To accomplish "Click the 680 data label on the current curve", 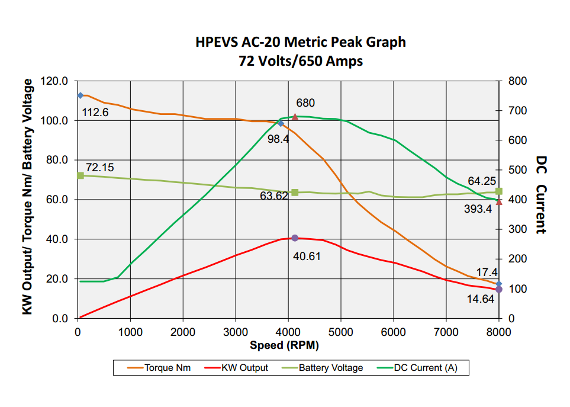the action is pos(305,103).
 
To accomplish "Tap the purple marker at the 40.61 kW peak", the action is pos(295,238).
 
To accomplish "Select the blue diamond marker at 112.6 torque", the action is pos(80,95).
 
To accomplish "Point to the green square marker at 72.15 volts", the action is pos(80,176).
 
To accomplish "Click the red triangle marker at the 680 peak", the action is pos(295,117).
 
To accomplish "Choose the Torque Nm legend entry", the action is pos(159,368).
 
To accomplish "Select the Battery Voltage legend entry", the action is pos(323,368).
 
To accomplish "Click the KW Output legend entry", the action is pos(236,368).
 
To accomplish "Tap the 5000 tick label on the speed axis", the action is pos(340,332).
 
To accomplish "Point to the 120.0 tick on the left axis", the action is pos(54,81).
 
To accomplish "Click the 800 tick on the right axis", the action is pos(518,81).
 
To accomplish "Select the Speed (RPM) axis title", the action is pos(284,345).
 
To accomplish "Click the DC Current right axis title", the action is pos(541,194).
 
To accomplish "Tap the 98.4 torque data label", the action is pos(278,139).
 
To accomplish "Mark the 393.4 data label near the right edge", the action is pos(478,209).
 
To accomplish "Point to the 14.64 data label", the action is pos(480,299).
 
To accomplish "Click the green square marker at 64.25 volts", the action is pos(499,191).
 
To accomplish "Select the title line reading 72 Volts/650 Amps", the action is pos(301,61).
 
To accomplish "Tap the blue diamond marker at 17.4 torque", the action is pos(499,284).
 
